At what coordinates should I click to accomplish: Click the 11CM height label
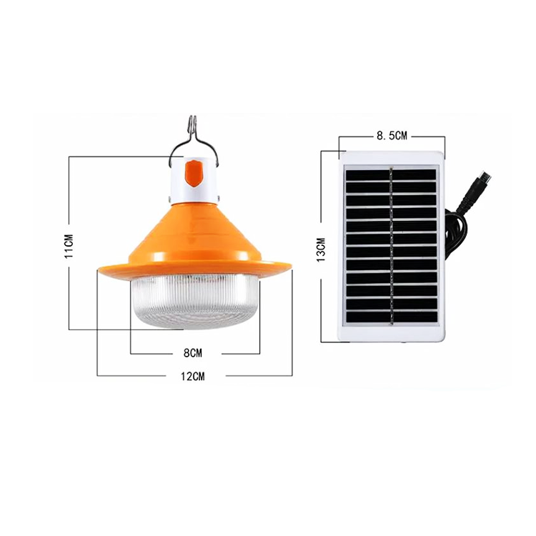click(x=69, y=246)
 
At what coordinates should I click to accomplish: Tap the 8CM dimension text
click(x=193, y=353)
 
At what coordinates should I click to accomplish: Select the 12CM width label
click(x=193, y=377)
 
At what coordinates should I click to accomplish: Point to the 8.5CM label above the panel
click(x=392, y=136)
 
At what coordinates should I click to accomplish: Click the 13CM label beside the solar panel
click(x=321, y=249)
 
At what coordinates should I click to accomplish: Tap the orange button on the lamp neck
click(x=194, y=174)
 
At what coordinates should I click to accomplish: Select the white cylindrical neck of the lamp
click(x=194, y=179)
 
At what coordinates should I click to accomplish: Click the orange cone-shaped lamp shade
click(x=195, y=239)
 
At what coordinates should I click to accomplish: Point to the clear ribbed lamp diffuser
click(x=195, y=301)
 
